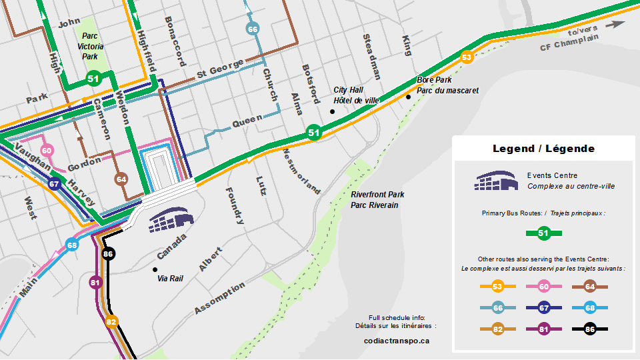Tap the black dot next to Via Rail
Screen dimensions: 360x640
(x=155, y=269)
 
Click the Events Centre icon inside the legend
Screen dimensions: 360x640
(x=496, y=181)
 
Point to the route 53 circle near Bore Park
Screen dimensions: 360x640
(x=467, y=57)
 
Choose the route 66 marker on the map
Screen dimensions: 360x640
(x=252, y=29)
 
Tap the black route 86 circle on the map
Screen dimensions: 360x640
(x=109, y=254)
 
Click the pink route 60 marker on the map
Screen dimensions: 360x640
(x=46, y=151)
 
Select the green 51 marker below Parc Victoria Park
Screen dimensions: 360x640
(x=93, y=79)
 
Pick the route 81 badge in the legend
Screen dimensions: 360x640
(x=543, y=328)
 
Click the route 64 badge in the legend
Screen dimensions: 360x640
(x=589, y=287)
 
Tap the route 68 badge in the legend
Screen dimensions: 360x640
(x=589, y=307)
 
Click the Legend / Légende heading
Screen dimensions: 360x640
(x=543, y=148)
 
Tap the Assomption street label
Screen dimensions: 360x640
(x=220, y=299)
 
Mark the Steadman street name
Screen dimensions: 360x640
(x=371, y=57)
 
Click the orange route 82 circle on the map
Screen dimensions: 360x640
(x=111, y=322)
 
